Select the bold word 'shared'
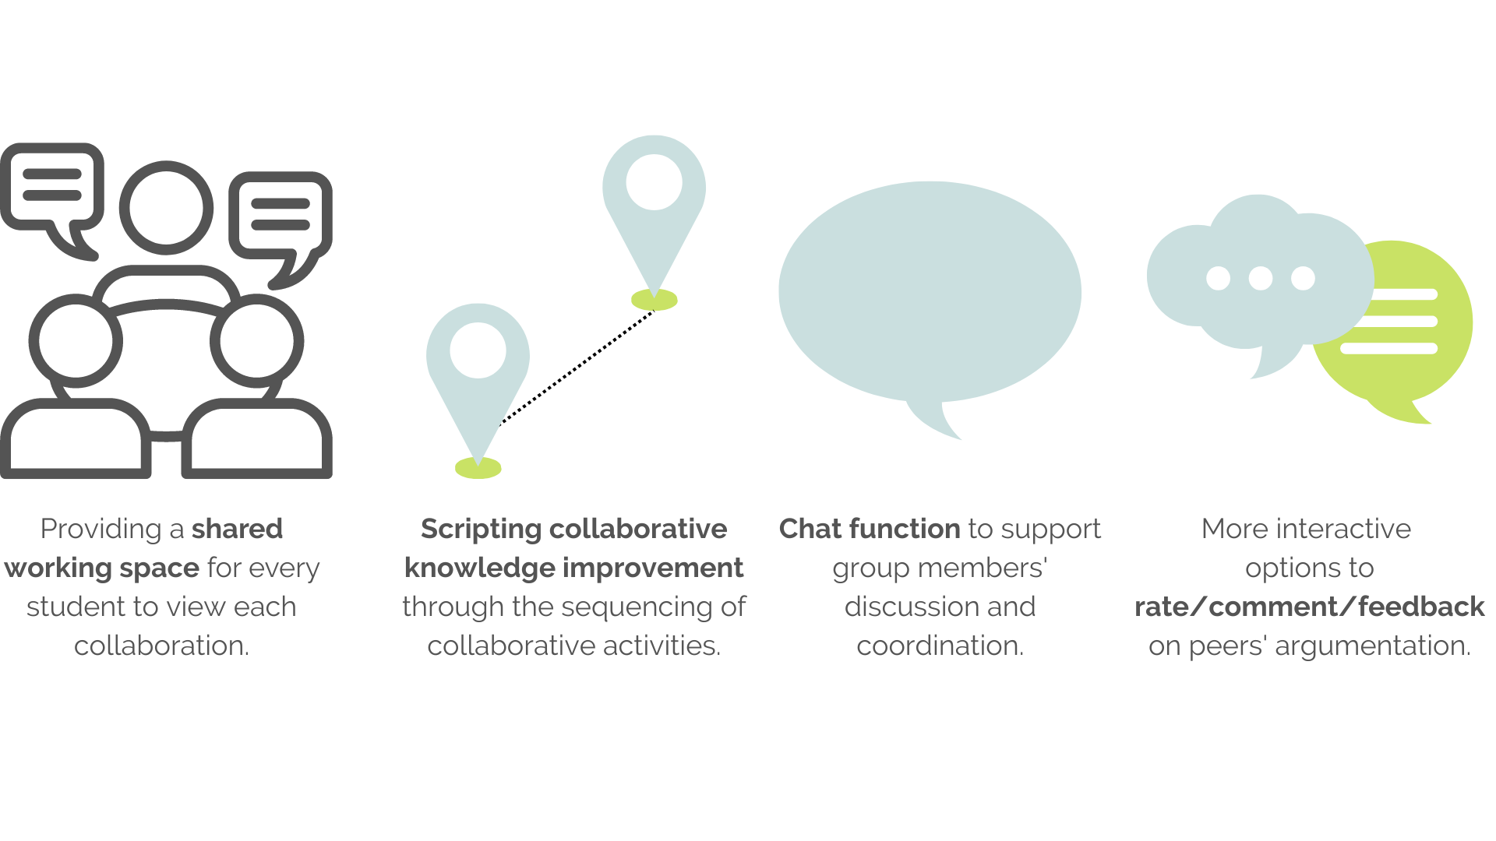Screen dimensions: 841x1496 coord(237,530)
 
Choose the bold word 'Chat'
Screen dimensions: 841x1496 coord(810,530)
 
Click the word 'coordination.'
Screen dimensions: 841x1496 coord(940,646)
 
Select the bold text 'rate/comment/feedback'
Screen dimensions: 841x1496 coord(1309,607)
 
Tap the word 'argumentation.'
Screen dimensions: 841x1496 coord(1373,646)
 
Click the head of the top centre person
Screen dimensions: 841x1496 coord(166,208)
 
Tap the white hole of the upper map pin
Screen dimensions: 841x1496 coord(654,182)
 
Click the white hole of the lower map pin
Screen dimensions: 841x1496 coord(478,350)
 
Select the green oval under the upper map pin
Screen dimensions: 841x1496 coord(654,301)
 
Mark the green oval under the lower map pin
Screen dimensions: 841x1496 coord(478,469)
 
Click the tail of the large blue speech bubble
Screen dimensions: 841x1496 coord(935,420)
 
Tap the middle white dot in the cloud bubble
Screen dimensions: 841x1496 coord(1260,278)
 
